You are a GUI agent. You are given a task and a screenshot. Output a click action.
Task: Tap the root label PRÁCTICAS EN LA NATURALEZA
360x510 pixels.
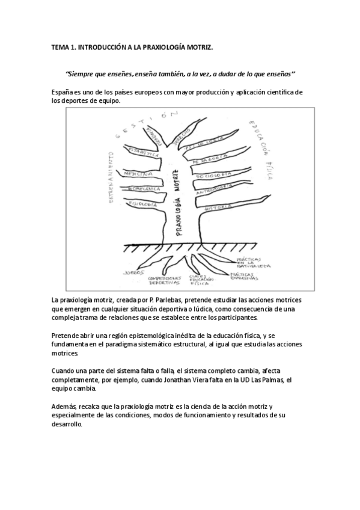coord(253,263)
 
